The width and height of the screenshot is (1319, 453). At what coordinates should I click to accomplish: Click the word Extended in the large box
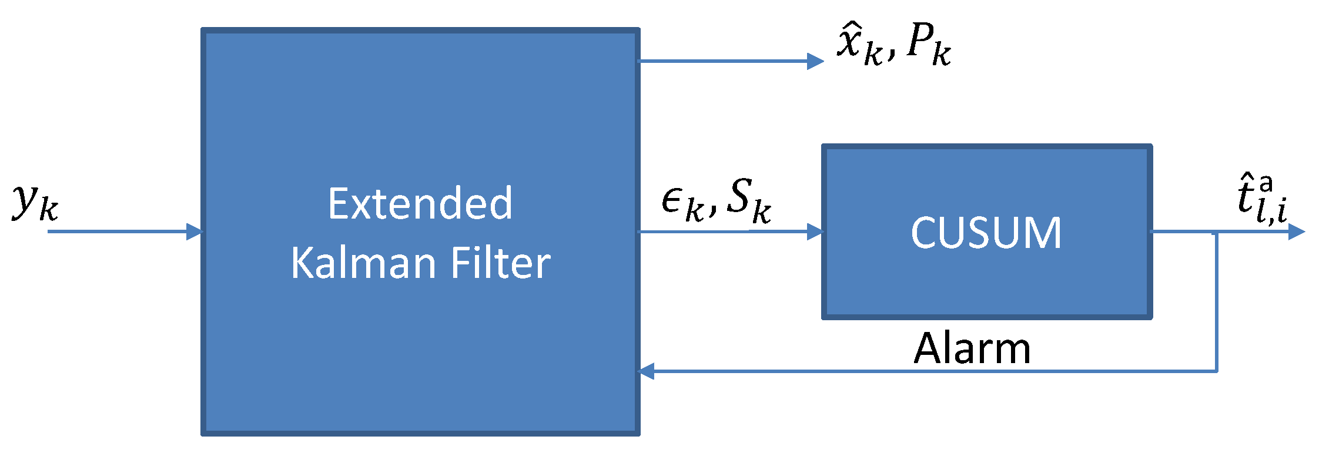pyautogui.click(x=420, y=204)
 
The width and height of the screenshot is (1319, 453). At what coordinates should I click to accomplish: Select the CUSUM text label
pyautogui.click(x=986, y=233)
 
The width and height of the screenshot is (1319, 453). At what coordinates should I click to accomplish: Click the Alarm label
pyautogui.click(x=972, y=348)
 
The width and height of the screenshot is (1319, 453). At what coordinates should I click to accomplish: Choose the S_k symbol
pyautogui.click(x=748, y=200)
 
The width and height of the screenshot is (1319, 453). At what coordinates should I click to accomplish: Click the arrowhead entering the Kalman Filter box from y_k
pyautogui.click(x=195, y=231)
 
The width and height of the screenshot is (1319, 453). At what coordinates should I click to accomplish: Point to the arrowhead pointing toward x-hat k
pyautogui.click(x=815, y=61)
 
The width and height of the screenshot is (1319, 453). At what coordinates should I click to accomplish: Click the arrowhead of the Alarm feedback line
pyautogui.click(x=647, y=371)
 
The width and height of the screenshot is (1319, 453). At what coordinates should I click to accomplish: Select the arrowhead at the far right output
pyautogui.click(x=1296, y=231)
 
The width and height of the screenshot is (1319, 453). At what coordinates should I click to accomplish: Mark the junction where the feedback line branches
pyautogui.click(x=1216, y=232)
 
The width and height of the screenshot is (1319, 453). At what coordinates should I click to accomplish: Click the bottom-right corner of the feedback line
pyautogui.click(x=1216, y=371)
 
